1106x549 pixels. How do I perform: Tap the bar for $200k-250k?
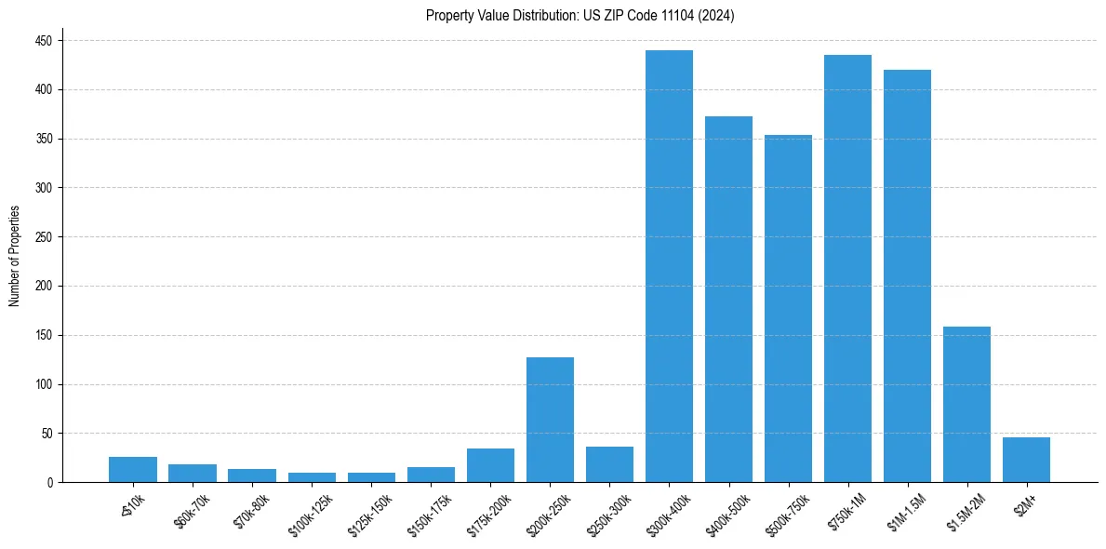point(550,420)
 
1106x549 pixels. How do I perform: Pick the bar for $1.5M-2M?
point(966,405)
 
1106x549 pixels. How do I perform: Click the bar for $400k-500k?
point(728,299)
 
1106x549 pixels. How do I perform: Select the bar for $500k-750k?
point(788,308)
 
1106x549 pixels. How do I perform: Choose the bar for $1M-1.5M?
point(907,275)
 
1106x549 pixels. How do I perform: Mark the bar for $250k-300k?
point(609,464)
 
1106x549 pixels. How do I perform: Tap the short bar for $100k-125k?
point(312,477)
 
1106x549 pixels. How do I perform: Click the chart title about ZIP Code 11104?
point(580,16)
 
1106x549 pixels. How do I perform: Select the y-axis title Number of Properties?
point(14,256)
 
